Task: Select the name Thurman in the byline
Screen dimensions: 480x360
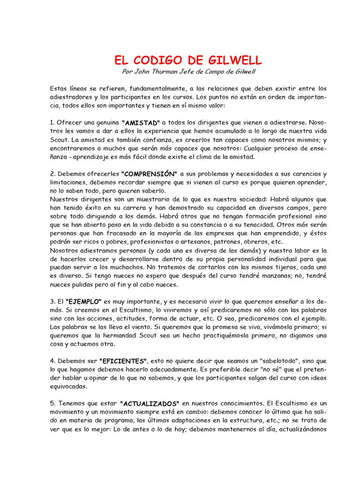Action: click(165, 71)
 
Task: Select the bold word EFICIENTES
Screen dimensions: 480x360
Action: click(123, 362)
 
